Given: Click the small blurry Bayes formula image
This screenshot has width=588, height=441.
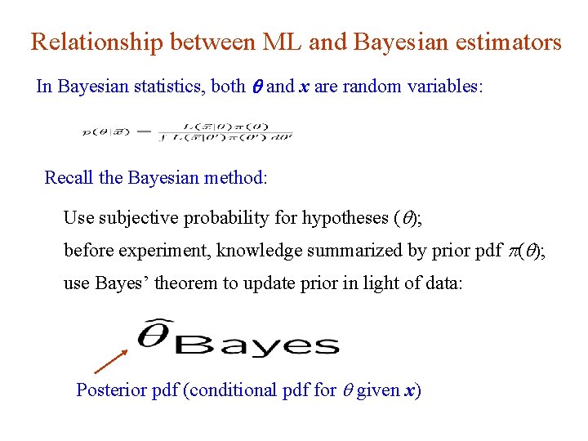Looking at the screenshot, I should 188,131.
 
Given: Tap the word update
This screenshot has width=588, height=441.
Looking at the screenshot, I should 262,283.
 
